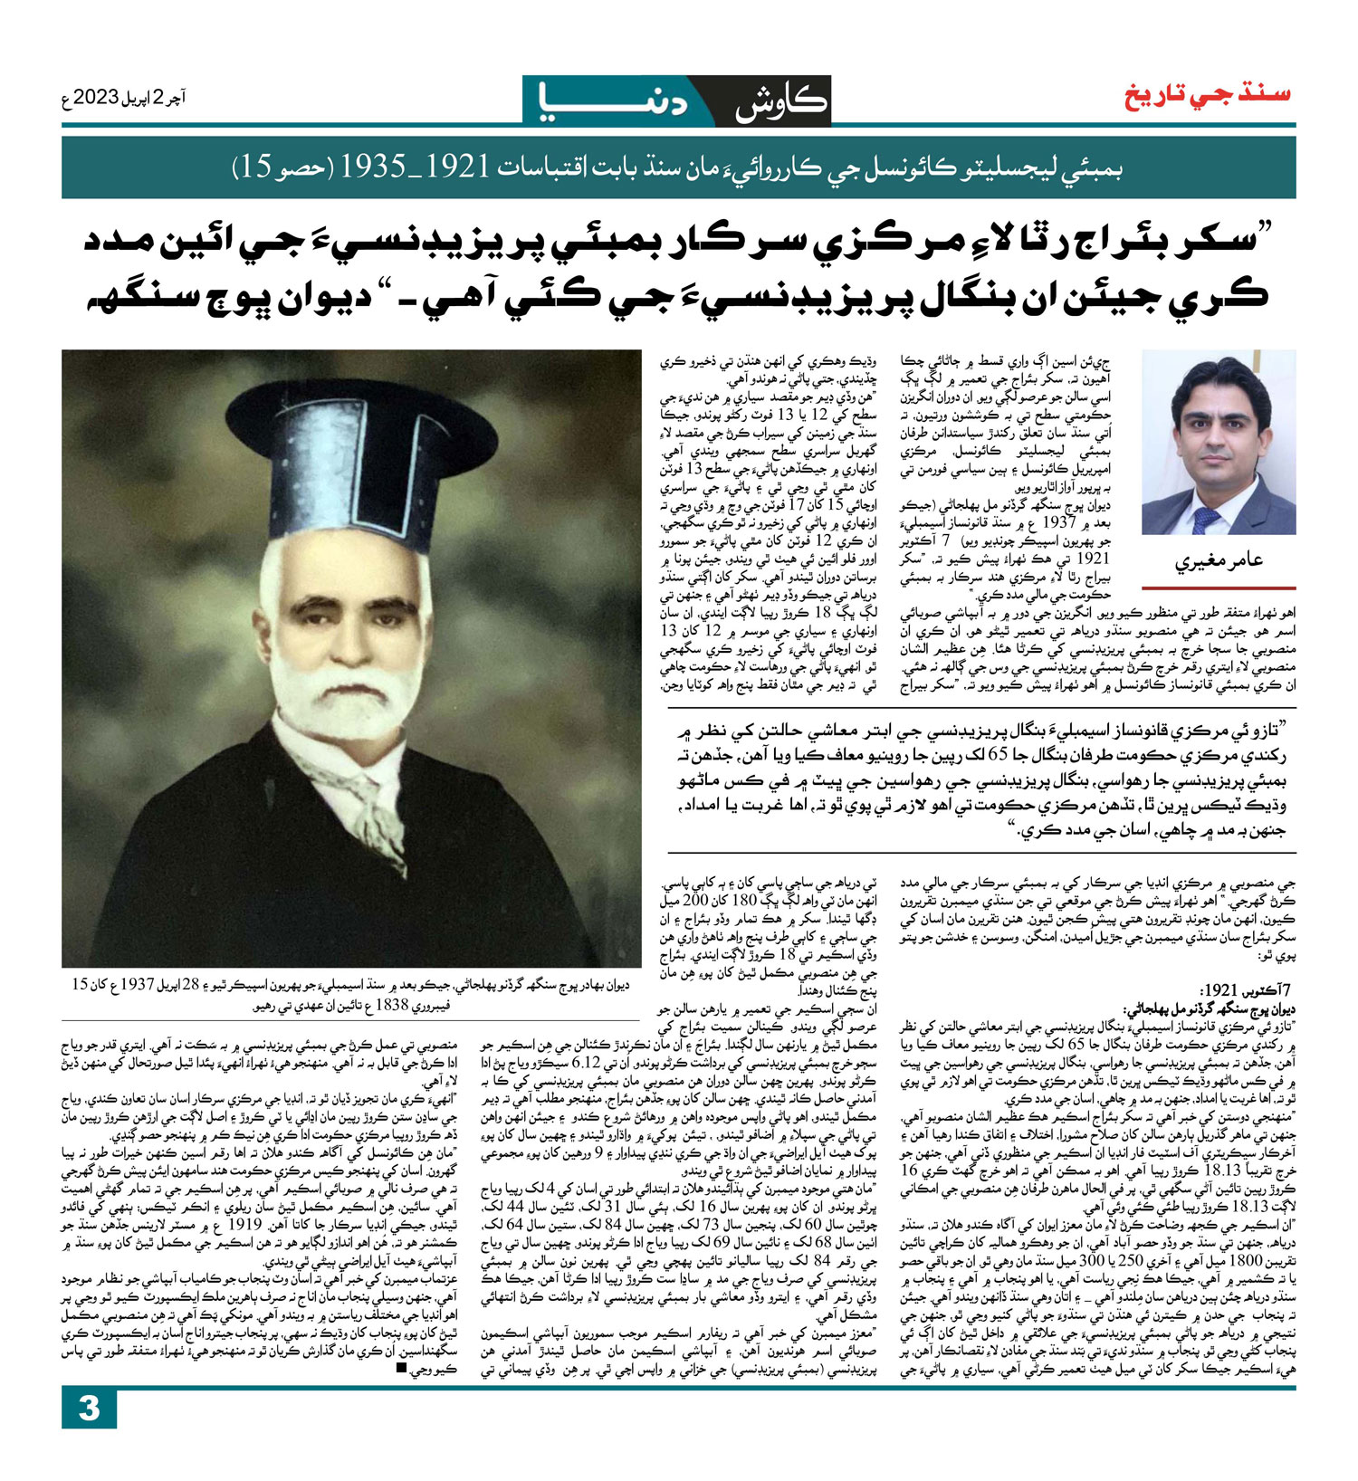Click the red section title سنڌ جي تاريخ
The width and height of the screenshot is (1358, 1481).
pos(1208,94)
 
